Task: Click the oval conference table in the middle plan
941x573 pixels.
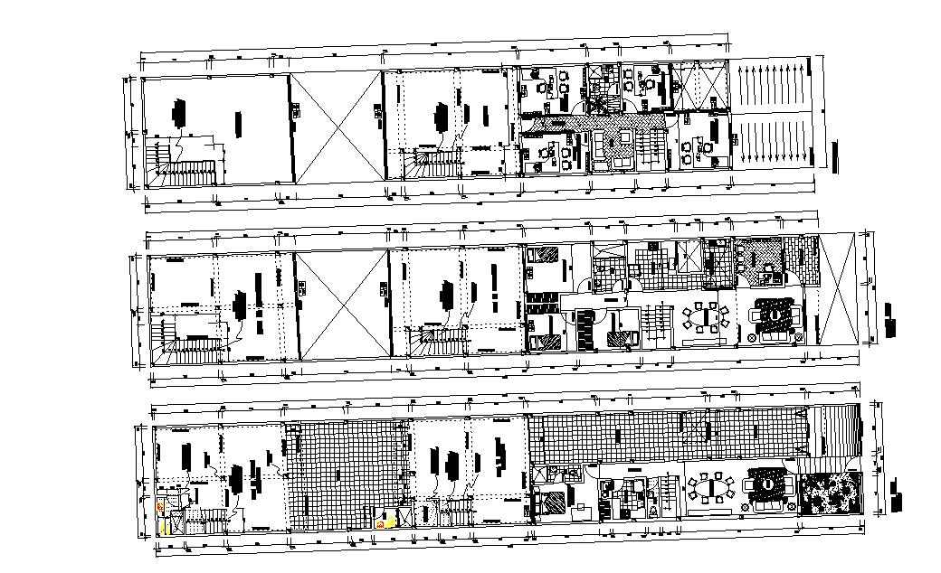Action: click(x=707, y=318)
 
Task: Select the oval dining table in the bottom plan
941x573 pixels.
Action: click(x=711, y=488)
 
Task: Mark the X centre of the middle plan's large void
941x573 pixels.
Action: click(x=342, y=305)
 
